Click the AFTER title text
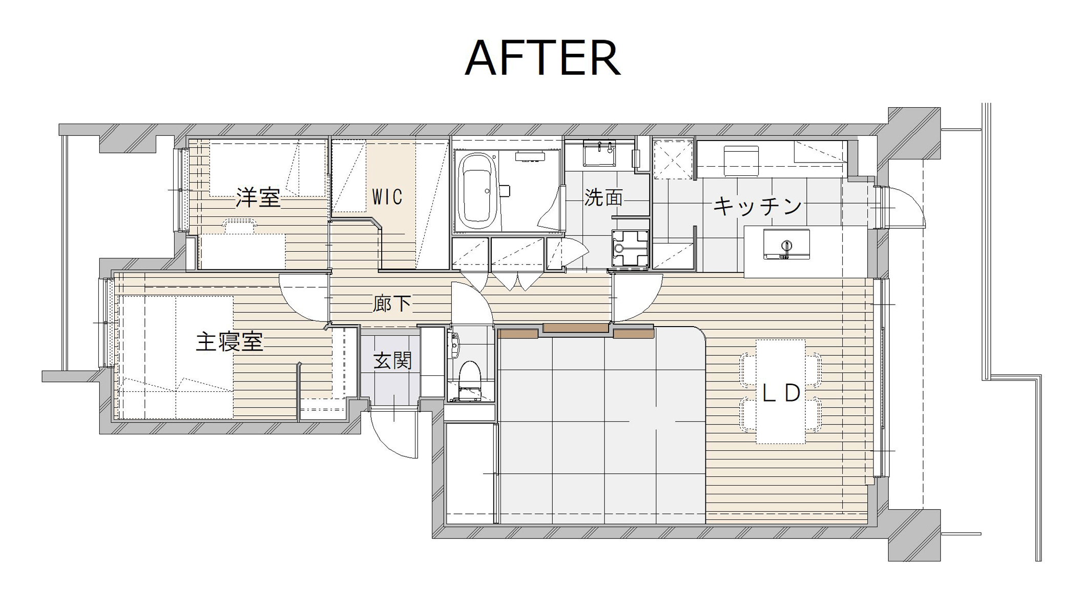542,58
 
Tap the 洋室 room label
258,198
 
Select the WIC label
387,197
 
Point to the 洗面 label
603,197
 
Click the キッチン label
758,206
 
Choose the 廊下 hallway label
392,304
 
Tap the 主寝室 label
229,342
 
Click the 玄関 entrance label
393,360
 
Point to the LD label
781,393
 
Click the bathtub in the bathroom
477,191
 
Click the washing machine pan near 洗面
630,248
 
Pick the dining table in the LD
781,392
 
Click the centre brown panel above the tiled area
576,328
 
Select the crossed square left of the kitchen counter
673,159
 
